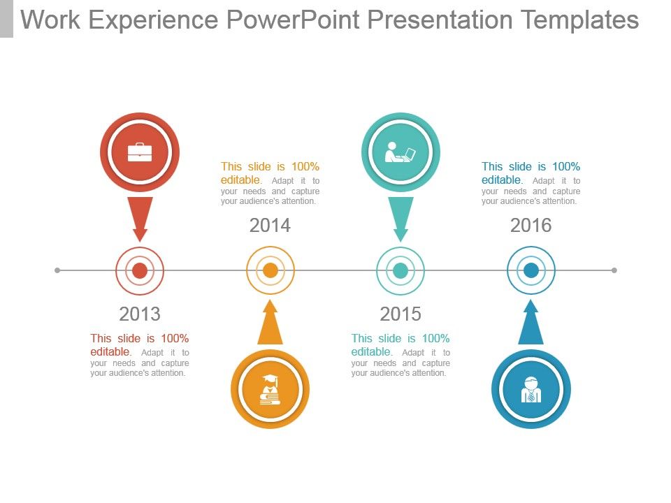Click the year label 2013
[x=140, y=314]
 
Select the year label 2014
[x=270, y=226]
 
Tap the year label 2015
[x=401, y=314]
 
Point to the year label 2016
[x=531, y=226]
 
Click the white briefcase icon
[x=140, y=152]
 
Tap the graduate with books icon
[x=270, y=389]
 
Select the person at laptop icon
[x=401, y=152]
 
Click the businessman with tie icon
[x=531, y=389]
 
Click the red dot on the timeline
[x=140, y=270]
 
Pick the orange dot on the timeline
[x=270, y=270]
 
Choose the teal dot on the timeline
[x=401, y=270]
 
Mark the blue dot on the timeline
[x=531, y=270]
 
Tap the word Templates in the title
[x=580, y=20]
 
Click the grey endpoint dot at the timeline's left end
[x=57, y=270]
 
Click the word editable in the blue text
[x=501, y=180]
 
